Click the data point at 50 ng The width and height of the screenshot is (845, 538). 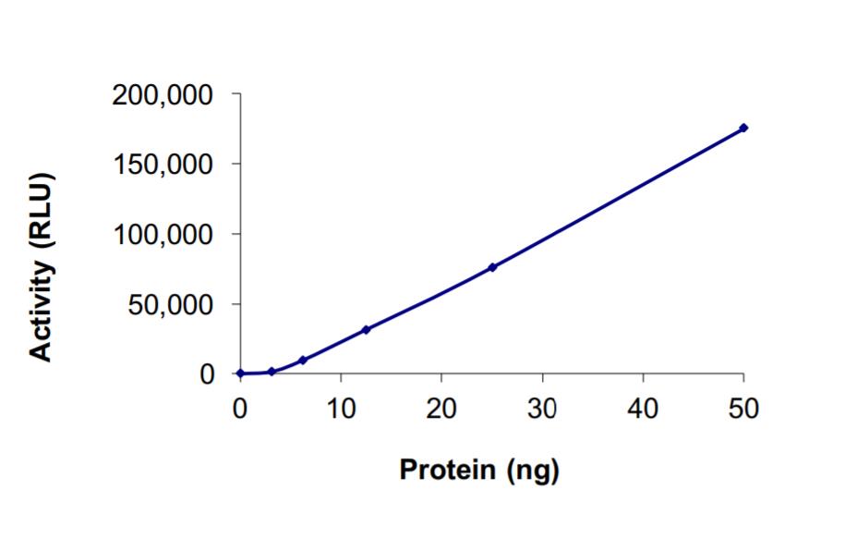pos(743,128)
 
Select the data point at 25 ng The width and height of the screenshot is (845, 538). pos(492,267)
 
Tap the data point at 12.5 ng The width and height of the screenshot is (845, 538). pos(366,329)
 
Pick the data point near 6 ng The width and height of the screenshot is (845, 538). pos(302,360)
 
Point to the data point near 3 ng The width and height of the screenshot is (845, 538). pos(271,372)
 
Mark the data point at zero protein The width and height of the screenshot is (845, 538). pos(240,373)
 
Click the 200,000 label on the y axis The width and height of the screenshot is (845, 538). pos(163,94)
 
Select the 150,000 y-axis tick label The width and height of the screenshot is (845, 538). pos(163,165)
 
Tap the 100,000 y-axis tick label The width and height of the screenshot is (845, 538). pos(163,235)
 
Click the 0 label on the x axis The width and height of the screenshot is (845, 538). pos(240,410)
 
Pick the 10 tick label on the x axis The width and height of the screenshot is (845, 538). pos(341,410)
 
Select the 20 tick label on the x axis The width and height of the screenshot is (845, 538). pos(441,410)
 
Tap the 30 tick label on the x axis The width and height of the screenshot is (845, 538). pos(542,410)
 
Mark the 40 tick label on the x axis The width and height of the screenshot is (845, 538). pos(643,410)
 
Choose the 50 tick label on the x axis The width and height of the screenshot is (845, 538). pos(743,410)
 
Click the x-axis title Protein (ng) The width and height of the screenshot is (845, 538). pos(479,471)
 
